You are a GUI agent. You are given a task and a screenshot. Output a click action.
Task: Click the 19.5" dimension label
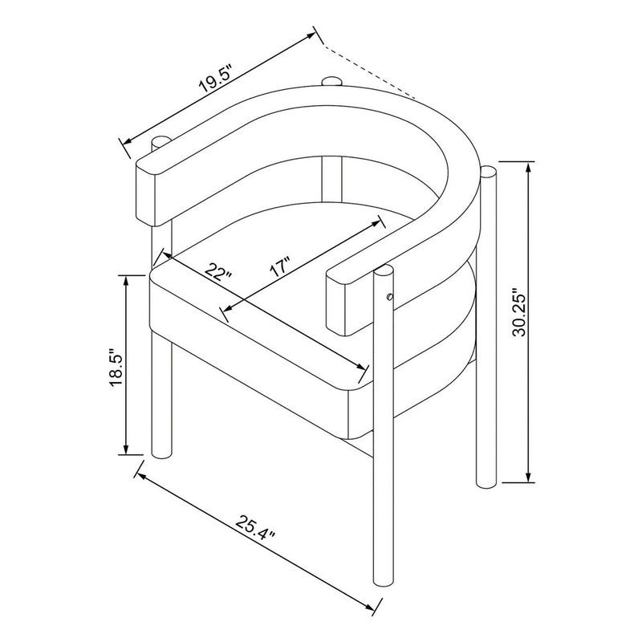[216, 78]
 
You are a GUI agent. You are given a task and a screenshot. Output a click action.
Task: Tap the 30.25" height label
[520, 314]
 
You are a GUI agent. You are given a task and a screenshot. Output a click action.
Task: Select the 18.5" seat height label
[116, 368]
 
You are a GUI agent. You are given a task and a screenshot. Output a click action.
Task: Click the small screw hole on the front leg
[390, 297]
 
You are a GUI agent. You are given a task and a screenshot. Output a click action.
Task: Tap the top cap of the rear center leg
[331, 81]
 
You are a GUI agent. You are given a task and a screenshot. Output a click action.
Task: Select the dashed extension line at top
[369, 72]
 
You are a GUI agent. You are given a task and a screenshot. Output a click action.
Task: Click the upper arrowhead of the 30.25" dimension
[529, 168]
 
